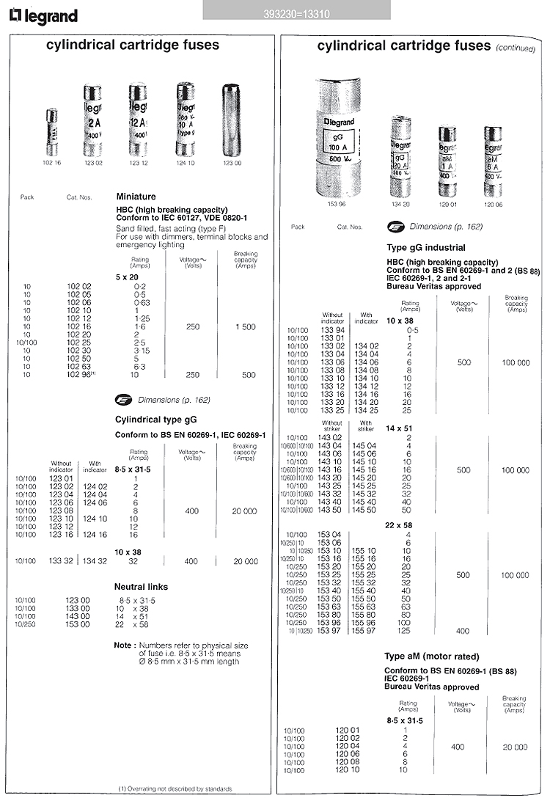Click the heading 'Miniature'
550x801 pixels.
136,197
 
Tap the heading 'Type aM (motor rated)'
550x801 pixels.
432,656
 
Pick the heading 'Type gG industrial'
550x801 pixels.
426,248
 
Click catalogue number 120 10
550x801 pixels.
334,770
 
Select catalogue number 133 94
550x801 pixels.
334,331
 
